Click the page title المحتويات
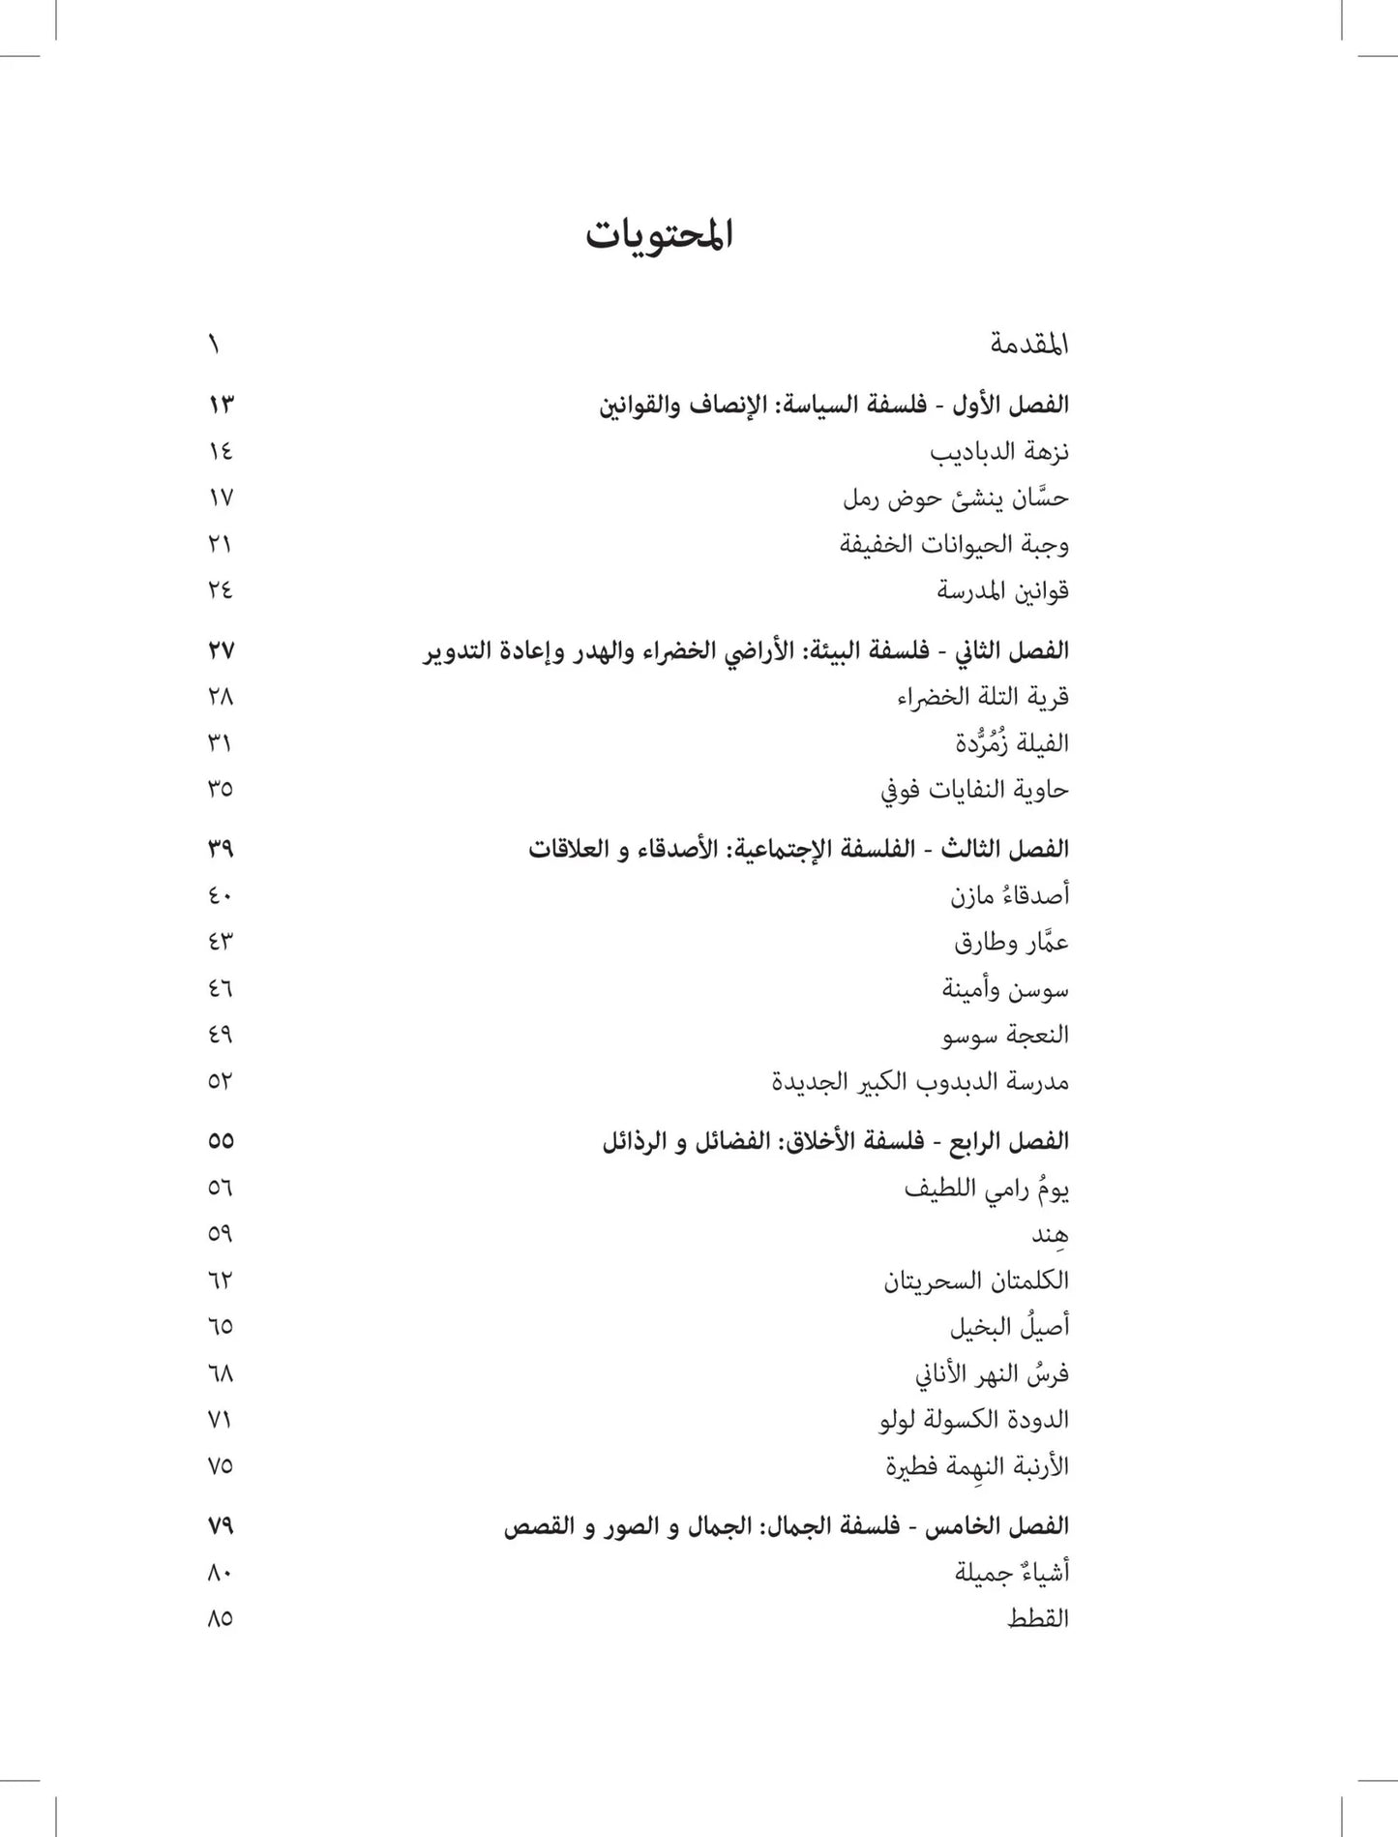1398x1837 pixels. tap(659, 235)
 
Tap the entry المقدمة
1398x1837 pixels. tap(1028, 345)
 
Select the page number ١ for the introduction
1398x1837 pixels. tap(214, 345)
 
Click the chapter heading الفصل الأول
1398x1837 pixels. tap(834, 405)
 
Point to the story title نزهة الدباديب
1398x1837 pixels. tap(998, 452)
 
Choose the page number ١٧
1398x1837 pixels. tap(220, 497)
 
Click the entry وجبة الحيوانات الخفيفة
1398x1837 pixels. tap(953, 544)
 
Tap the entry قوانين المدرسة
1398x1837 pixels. tap(1002, 590)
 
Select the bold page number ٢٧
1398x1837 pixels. tap(221, 650)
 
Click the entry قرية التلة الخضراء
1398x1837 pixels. tap(982, 697)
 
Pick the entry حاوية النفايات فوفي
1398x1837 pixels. tap(974, 790)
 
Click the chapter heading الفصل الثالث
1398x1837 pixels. tap(798, 849)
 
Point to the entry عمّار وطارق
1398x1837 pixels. tap(1011, 942)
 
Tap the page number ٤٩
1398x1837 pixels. tap(220, 1035)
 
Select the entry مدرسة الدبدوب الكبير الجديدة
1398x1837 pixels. tap(920, 1081)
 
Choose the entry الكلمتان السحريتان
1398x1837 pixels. tap(975, 1280)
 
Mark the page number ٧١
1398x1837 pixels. tap(220, 1420)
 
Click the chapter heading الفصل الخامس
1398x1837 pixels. tap(786, 1526)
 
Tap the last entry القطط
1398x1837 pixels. tap(1037, 1618)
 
